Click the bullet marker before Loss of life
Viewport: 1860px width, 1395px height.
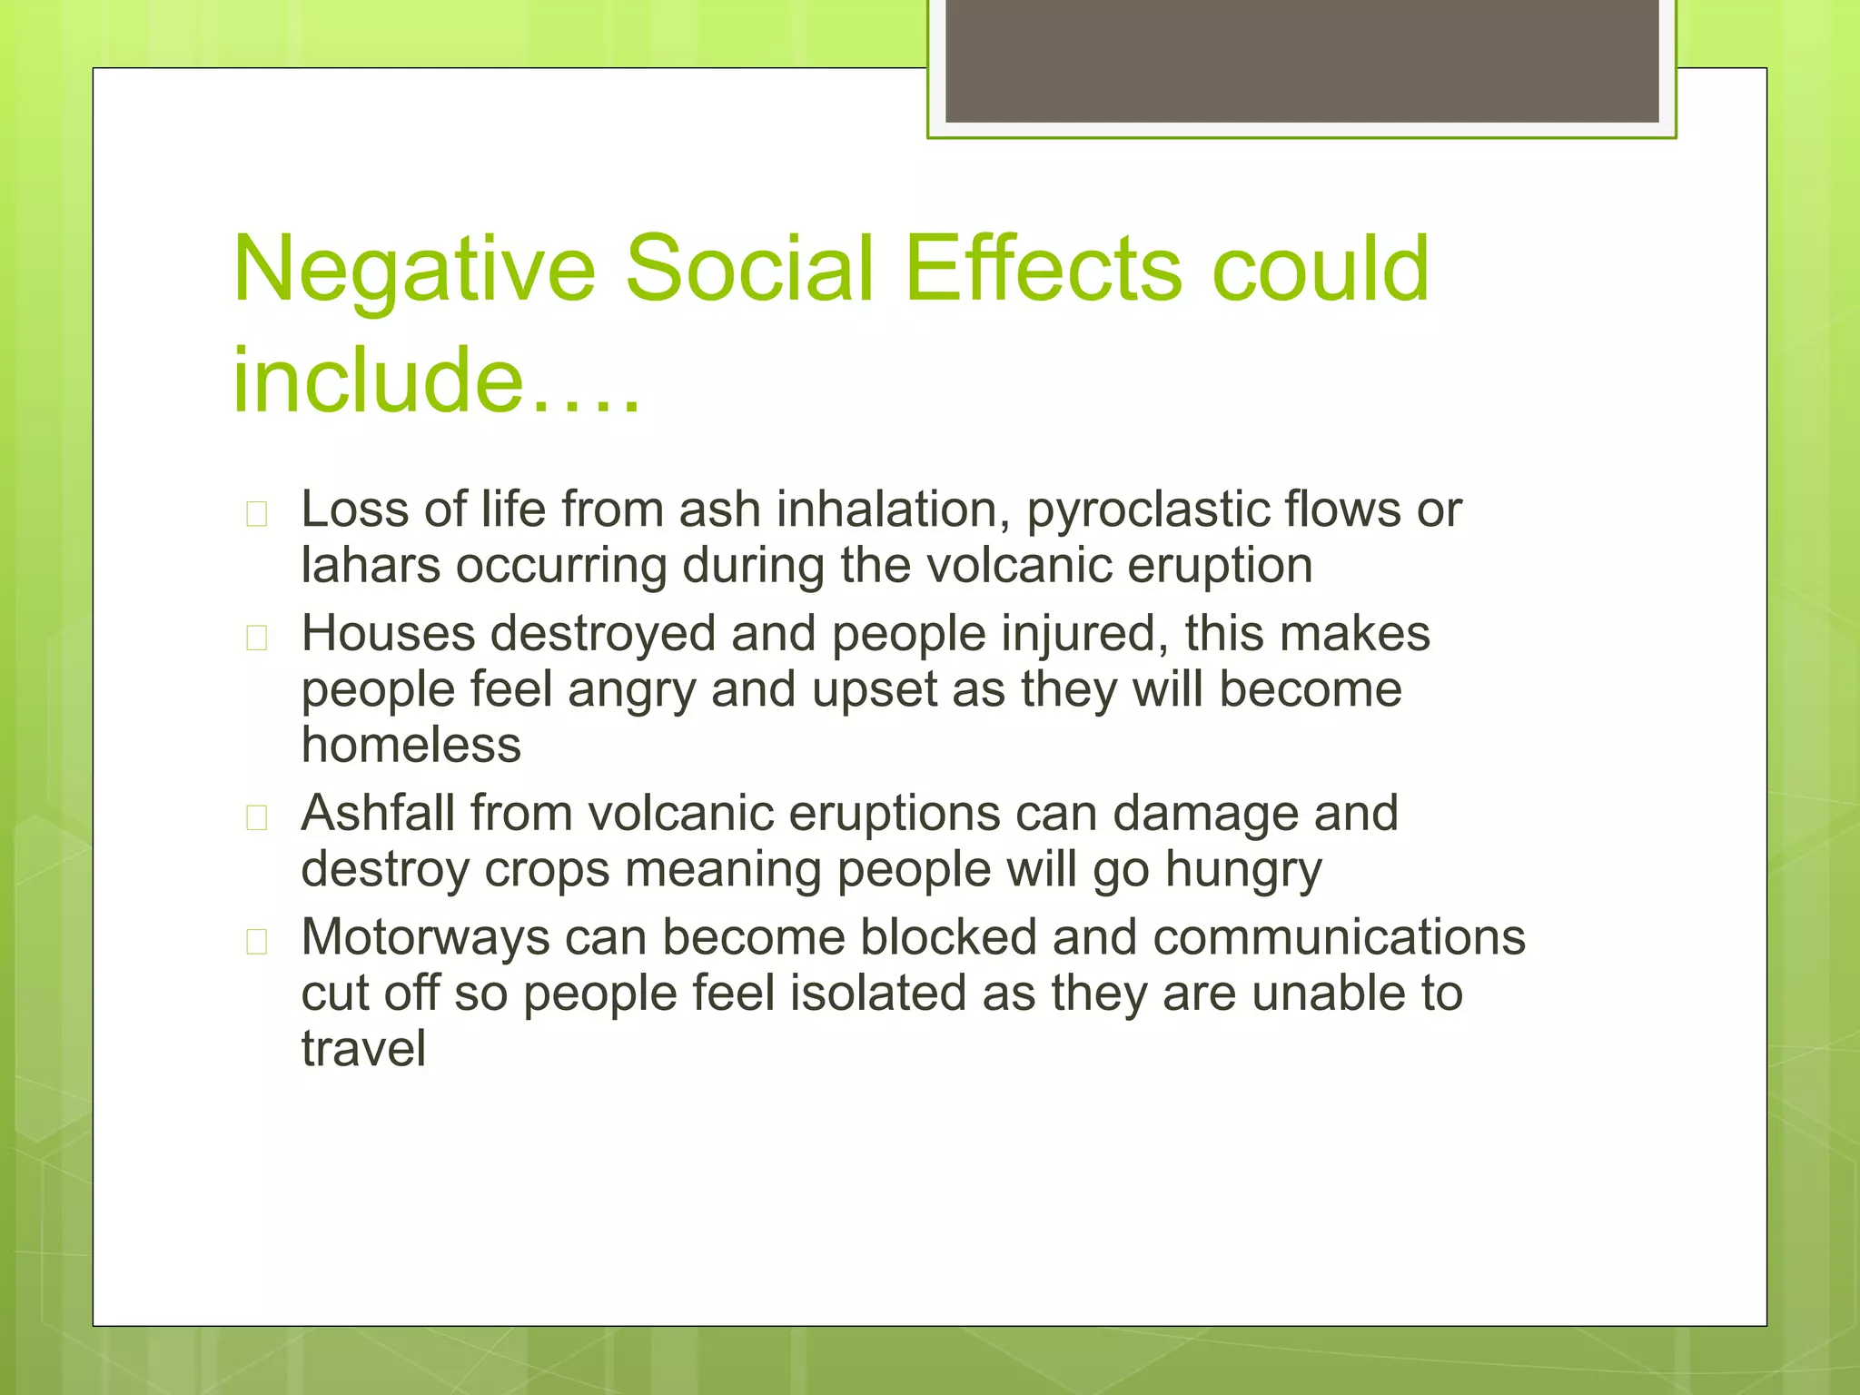click(257, 514)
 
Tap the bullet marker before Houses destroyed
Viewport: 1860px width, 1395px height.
click(257, 638)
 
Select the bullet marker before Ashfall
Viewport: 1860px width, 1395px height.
click(257, 818)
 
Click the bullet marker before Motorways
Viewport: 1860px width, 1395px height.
click(257, 942)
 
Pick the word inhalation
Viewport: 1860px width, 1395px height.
click(893, 509)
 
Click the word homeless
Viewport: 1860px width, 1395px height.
click(411, 746)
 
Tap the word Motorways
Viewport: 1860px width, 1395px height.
click(425, 938)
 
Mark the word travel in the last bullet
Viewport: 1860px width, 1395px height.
click(363, 1049)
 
